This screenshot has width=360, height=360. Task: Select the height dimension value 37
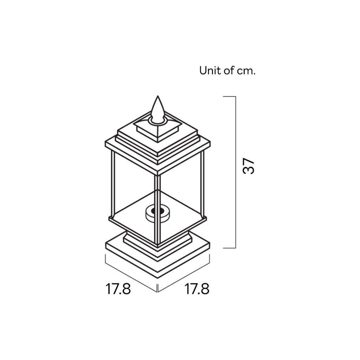[x=249, y=166]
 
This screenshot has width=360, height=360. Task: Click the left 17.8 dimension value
[x=118, y=289]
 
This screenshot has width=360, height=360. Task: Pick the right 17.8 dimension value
[x=197, y=289]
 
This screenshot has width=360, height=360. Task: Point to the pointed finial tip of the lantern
[x=158, y=96]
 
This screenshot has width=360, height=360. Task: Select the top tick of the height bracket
[x=229, y=97]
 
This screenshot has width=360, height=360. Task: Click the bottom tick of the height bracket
[x=229, y=248]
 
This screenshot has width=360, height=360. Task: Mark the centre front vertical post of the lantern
[x=158, y=210]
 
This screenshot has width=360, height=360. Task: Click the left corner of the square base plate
[x=105, y=243]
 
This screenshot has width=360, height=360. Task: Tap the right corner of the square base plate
[x=210, y=243]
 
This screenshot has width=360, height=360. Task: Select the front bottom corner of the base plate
[x=158, y=278]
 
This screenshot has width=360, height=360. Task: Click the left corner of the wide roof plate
[x=105, y=143]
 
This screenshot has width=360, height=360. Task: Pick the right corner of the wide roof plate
[x=210, y=143]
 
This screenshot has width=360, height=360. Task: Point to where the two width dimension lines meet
[x=158, y=292]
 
